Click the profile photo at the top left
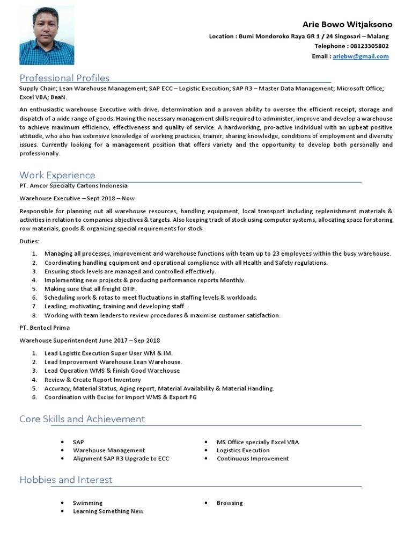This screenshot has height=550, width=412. pos(47,35)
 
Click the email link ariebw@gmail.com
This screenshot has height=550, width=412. pos(360,56)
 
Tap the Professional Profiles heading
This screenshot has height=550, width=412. pos(64,78)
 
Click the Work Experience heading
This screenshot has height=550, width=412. pos(57,175)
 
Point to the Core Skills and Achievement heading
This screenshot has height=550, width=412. pos(82,419)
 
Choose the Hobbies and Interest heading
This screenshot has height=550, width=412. pos(66,480)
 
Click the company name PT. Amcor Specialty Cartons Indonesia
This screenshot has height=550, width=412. pos(73,185)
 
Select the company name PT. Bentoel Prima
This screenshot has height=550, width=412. pos(45,327)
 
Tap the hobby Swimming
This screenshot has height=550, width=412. pos(87,503)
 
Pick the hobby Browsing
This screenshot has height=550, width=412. pos(230,503)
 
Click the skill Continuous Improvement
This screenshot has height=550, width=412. pos(253,459)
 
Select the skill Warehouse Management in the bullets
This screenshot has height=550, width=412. pos(109,450)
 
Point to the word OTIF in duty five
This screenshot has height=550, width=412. pos(128,288)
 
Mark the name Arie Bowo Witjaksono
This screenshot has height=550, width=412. pos(347,25)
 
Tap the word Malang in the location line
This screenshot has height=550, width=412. pos(378,37)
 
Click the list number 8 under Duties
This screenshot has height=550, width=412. pos(34,315)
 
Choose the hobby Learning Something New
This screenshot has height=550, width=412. pos(108,511)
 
